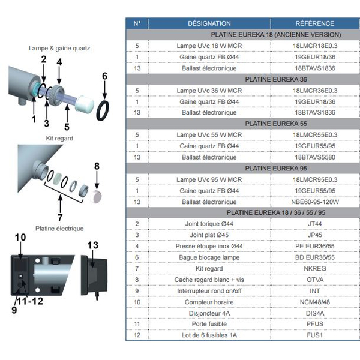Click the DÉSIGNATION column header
tap(209, 23)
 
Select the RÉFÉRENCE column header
tap(315, 23)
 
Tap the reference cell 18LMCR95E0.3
tap(315, 179)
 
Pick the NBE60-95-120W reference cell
tap(315, 202)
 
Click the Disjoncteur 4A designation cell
tap(209, 313)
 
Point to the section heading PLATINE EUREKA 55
tap(276, 124)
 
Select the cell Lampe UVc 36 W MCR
tap(209, 91)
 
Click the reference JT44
tap(315, 224)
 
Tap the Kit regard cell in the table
tap(209, 268)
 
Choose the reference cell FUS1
tap(315, 335)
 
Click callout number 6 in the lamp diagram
tap(104, 76)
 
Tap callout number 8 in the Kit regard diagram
tap(97, 166)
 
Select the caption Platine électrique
tap(59, 229)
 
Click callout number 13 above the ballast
tap(93, 245)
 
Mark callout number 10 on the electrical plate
tap(20, 238)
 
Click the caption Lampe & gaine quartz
tap(59, 48)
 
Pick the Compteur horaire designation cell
tap(209, 302)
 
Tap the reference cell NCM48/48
tap(315, 302)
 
